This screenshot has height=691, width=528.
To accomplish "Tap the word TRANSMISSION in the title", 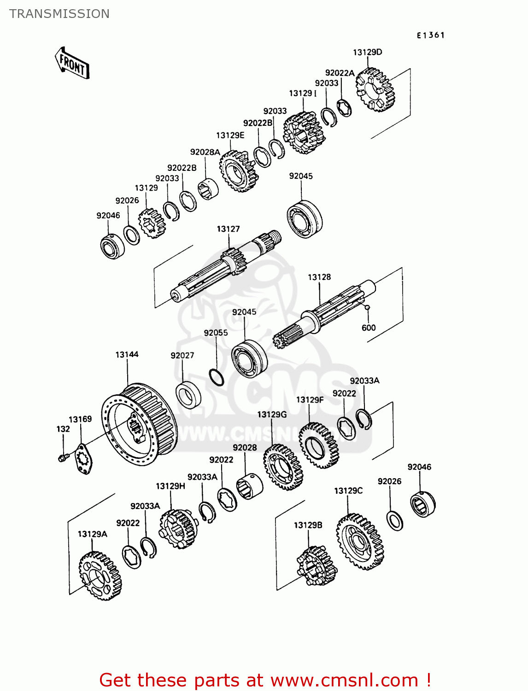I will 59,14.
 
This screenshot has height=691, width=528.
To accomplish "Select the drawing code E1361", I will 430,35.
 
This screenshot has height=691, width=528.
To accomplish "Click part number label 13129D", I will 367,53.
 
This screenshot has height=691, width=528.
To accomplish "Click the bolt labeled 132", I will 63,457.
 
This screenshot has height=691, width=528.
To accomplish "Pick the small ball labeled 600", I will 367,307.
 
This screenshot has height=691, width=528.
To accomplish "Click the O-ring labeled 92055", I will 216,377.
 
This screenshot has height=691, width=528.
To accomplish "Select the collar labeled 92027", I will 188,395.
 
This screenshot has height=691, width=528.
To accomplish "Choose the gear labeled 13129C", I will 360,542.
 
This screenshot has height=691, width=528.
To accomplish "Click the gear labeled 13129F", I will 319,445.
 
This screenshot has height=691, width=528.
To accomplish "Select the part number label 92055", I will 216,333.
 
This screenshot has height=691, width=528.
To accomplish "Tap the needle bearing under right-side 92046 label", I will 422,504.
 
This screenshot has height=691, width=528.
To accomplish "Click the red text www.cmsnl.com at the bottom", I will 343,680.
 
